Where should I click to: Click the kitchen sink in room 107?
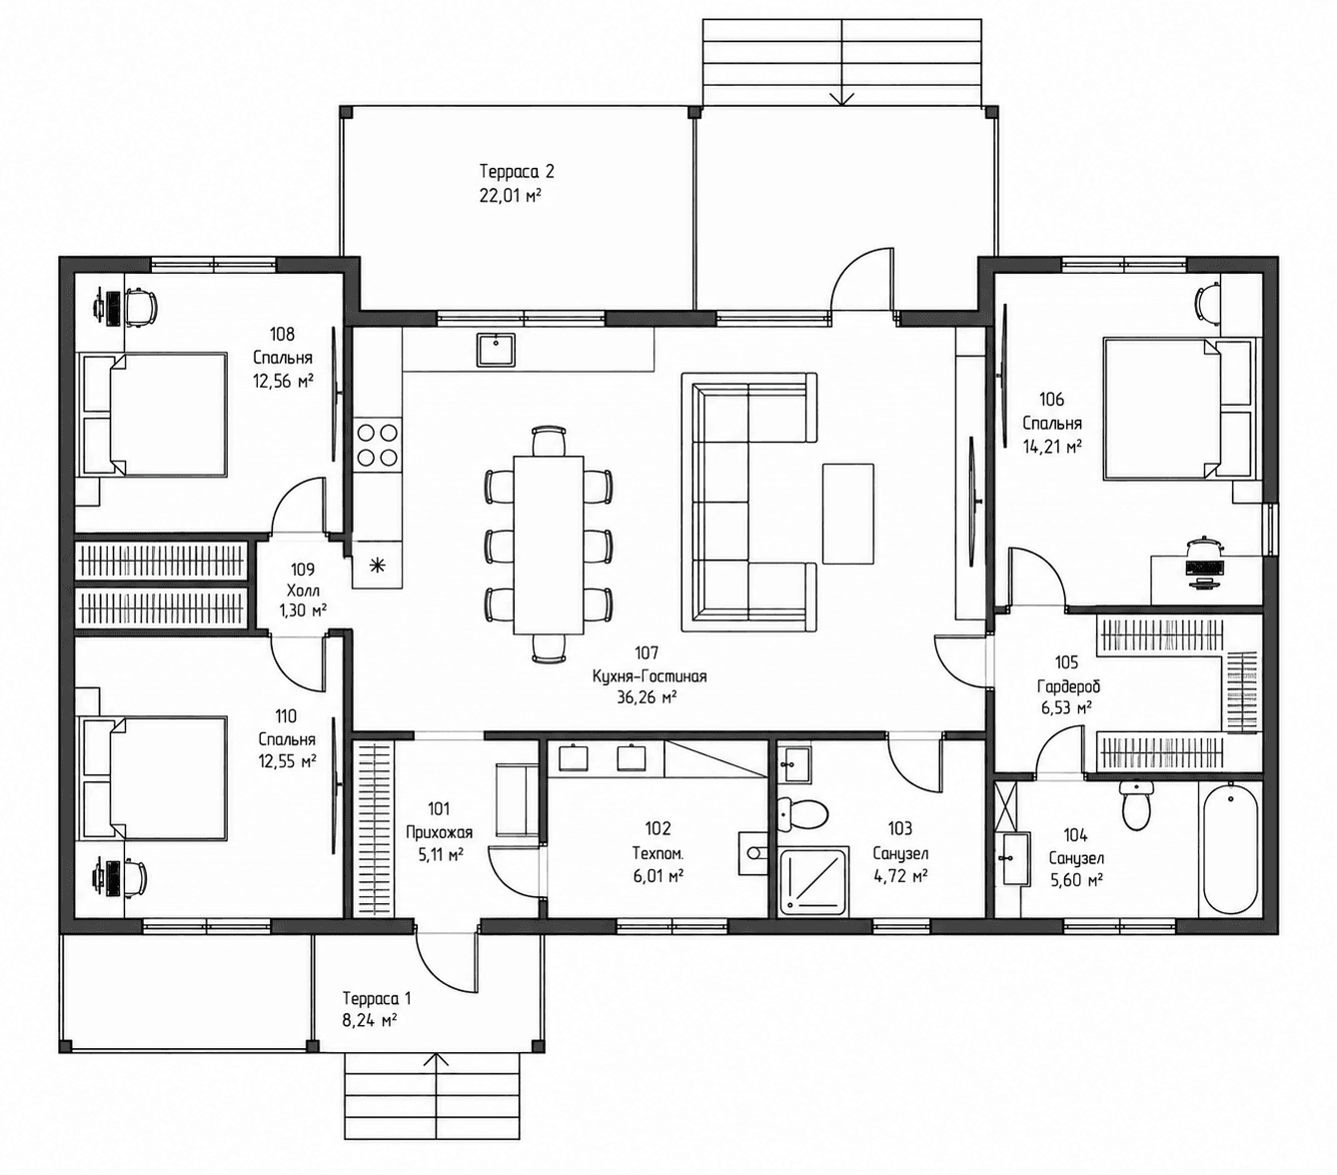496,350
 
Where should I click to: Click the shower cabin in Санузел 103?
812,882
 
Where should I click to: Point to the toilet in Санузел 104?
1136,805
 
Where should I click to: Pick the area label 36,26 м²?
647,697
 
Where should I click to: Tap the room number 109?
302,569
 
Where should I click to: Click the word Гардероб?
1068,686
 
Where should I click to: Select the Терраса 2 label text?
517,172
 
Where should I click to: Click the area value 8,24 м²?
369,1020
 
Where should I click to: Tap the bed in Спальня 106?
1177,408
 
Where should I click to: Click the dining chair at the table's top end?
549,441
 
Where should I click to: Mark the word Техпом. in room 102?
658,853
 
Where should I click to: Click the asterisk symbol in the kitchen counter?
377,565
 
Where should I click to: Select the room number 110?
286,715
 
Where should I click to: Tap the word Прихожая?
439,832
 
